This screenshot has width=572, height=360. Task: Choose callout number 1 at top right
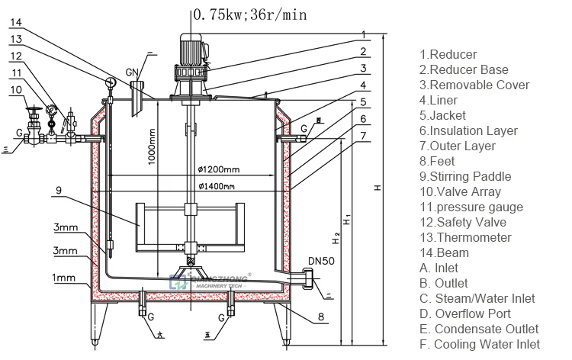[x=365, y=34]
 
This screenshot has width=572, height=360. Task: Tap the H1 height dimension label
[x=348, y=223]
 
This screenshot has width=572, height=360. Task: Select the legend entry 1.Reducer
[x=448, y=54]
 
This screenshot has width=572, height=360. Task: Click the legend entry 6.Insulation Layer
[x=468, y=130]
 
